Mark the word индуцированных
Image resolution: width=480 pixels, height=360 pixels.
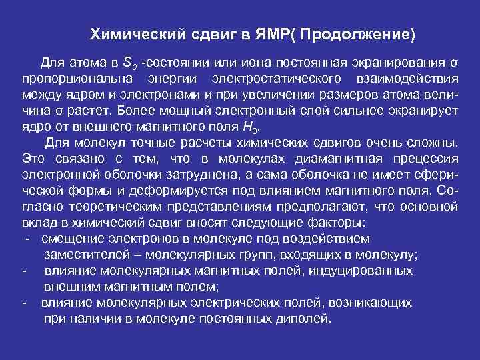click(352, 270)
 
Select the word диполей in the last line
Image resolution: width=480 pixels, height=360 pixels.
click(305, 318)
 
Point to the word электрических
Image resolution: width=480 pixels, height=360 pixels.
click(225, 302)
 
